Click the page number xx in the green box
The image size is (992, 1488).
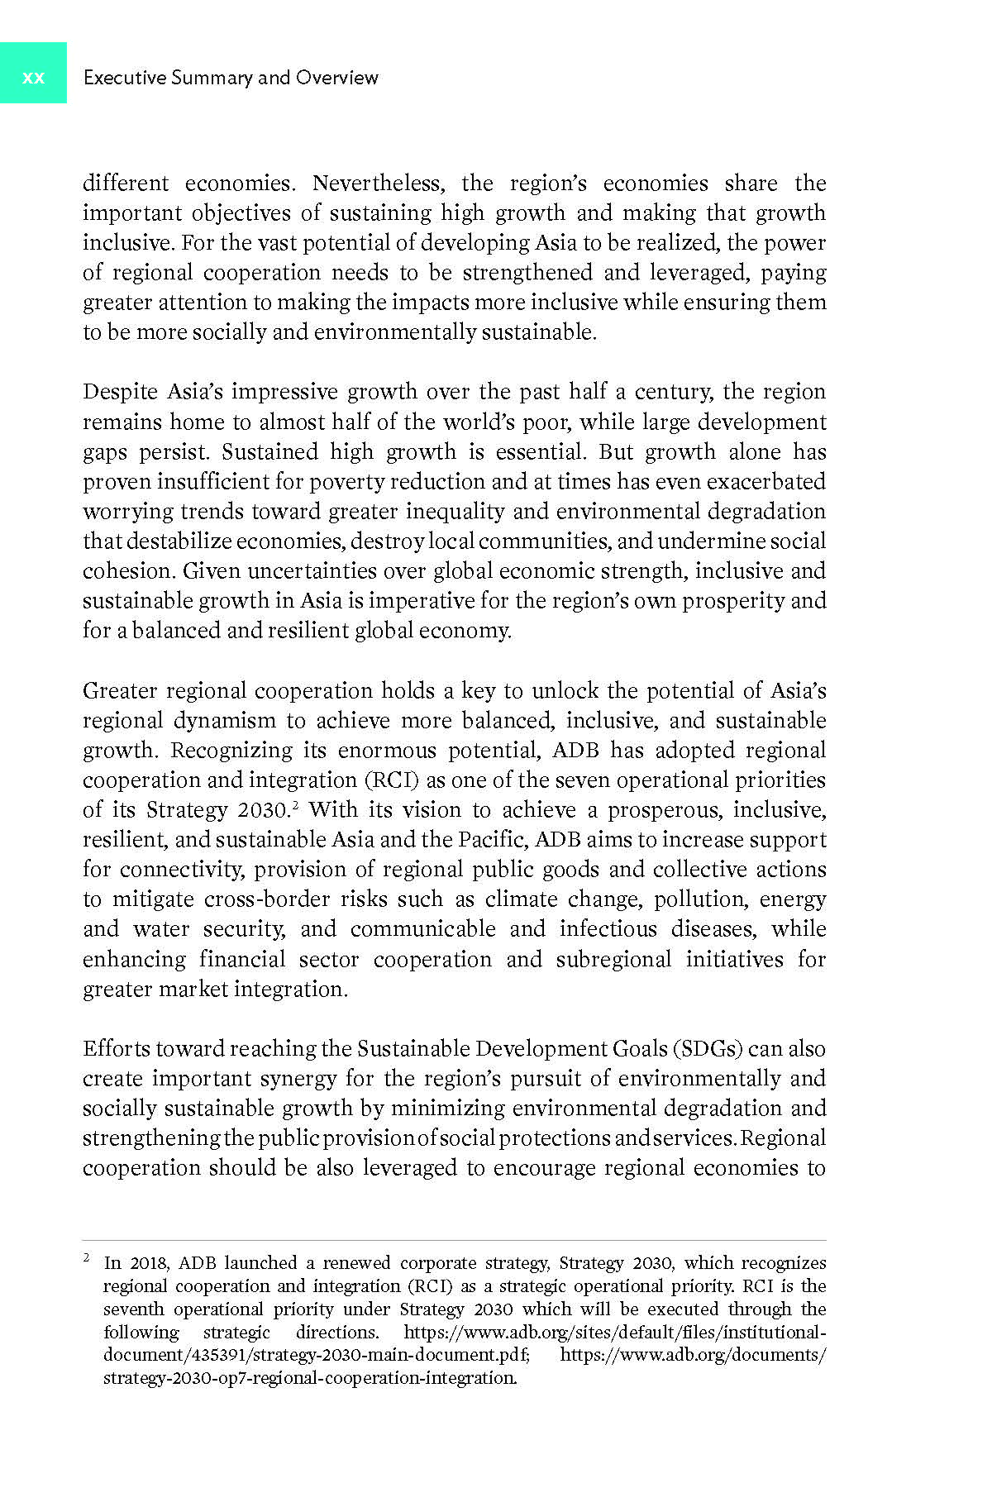tap(33, 78)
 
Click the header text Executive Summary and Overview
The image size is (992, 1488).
tap(231, 78)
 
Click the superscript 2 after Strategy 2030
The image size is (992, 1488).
tap(295, 804)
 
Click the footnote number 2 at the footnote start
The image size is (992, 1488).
tap(86, 1258)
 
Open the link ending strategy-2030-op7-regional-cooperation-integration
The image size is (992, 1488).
tap(310, 1378)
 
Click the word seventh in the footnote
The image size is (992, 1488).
tap(132, 1309)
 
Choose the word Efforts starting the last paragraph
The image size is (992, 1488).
tap(117, 1048)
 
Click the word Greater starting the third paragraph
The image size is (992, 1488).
tap(120, 690)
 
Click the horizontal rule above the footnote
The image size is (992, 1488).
tap(455, 1240)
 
